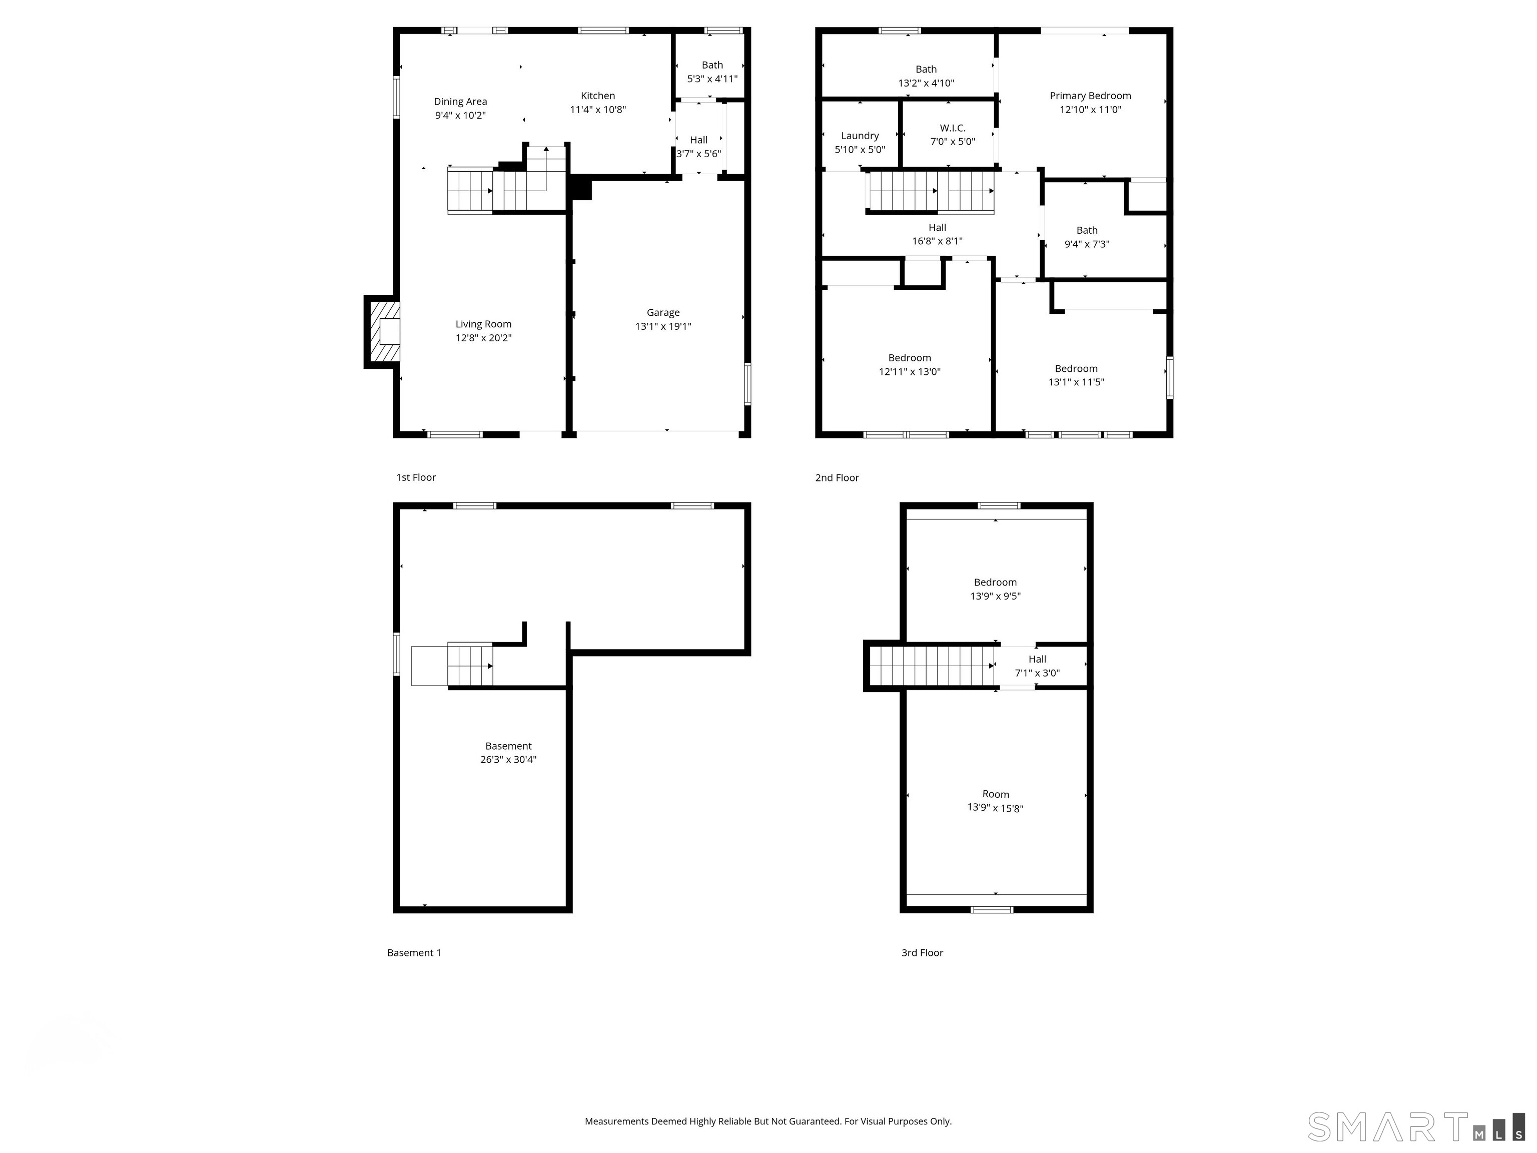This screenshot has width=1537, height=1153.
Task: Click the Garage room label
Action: (663, 313)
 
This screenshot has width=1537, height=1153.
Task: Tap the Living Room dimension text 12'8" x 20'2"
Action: (484, 338)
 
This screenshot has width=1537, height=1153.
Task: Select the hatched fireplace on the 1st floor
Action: (384, 331)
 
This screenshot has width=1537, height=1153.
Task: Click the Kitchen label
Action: (597, 96)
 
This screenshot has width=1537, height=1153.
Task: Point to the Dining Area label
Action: (460, 102)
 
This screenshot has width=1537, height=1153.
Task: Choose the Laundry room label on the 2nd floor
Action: (860, 136)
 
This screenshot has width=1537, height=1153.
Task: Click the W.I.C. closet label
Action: (952, 128)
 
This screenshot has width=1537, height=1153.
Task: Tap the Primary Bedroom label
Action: (1090, 96)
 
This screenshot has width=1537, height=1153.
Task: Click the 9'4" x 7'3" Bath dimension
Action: (1087, 244)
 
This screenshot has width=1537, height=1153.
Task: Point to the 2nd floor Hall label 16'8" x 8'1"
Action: (937, 234)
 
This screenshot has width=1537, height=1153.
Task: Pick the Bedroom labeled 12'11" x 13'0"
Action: (909, 365)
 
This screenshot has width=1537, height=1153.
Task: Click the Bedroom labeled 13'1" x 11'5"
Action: (1076, 375)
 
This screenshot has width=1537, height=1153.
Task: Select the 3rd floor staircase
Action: (931, 666)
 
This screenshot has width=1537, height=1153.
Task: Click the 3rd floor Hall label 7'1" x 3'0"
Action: (1037, 666)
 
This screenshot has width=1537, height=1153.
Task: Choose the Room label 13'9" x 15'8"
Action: (995, 801)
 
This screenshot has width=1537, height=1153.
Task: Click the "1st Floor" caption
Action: (415, 477)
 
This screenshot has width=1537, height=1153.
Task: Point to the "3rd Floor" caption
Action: (922, 953)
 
